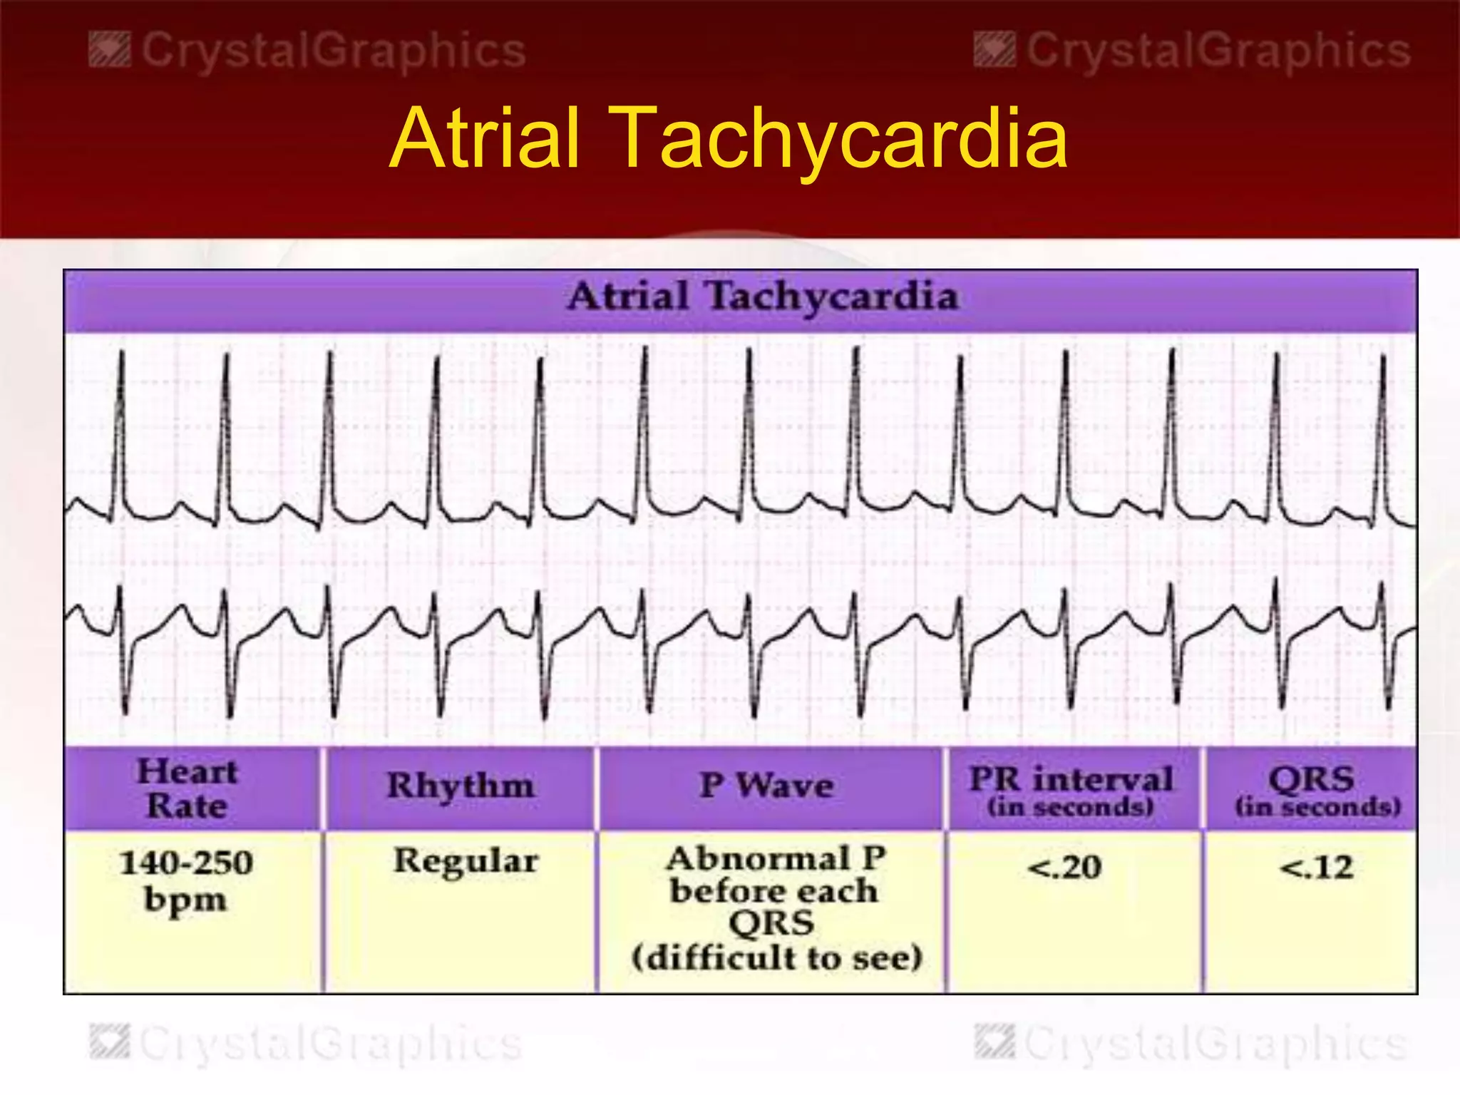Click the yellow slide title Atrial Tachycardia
[x=729, y=138]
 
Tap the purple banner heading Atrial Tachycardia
[x=763, y=297]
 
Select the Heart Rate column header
[x=187, y=788]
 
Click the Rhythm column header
[x=461, y=786]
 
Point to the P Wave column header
[x=767, y=786]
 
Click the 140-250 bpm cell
[x=186, y=880]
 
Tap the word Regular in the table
[x=466, y=860]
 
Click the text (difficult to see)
[x=777, y=957]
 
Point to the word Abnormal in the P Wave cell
[x=759, y=858]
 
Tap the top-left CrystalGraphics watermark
[x=307, y=51]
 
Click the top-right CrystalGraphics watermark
[x=1192, y=51]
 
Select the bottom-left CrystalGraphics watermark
[x=307, y=1044]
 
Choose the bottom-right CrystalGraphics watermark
[x=1192, y=1044]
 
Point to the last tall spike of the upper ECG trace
[x=1383, y=428]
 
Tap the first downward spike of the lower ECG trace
[x=125, y=677]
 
